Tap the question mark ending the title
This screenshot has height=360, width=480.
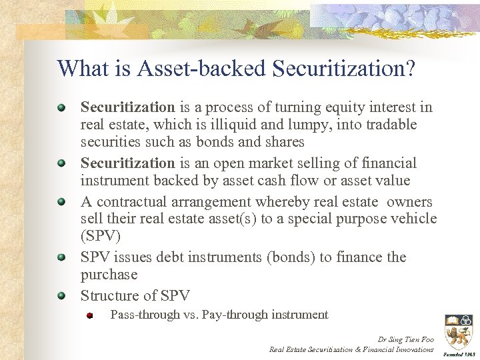tap(408, 68)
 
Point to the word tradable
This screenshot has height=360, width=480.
tap(393, 125)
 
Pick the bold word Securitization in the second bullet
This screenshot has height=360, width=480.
tap(127, 163)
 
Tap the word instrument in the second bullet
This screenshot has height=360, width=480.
tap(113, 181)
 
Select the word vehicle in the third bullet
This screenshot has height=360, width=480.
tap(414, 219)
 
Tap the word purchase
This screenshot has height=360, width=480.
tap(109, 275)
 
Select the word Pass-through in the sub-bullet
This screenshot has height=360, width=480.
tap(145, 315)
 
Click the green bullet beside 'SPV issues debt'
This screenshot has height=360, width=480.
tap(61, 257)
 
